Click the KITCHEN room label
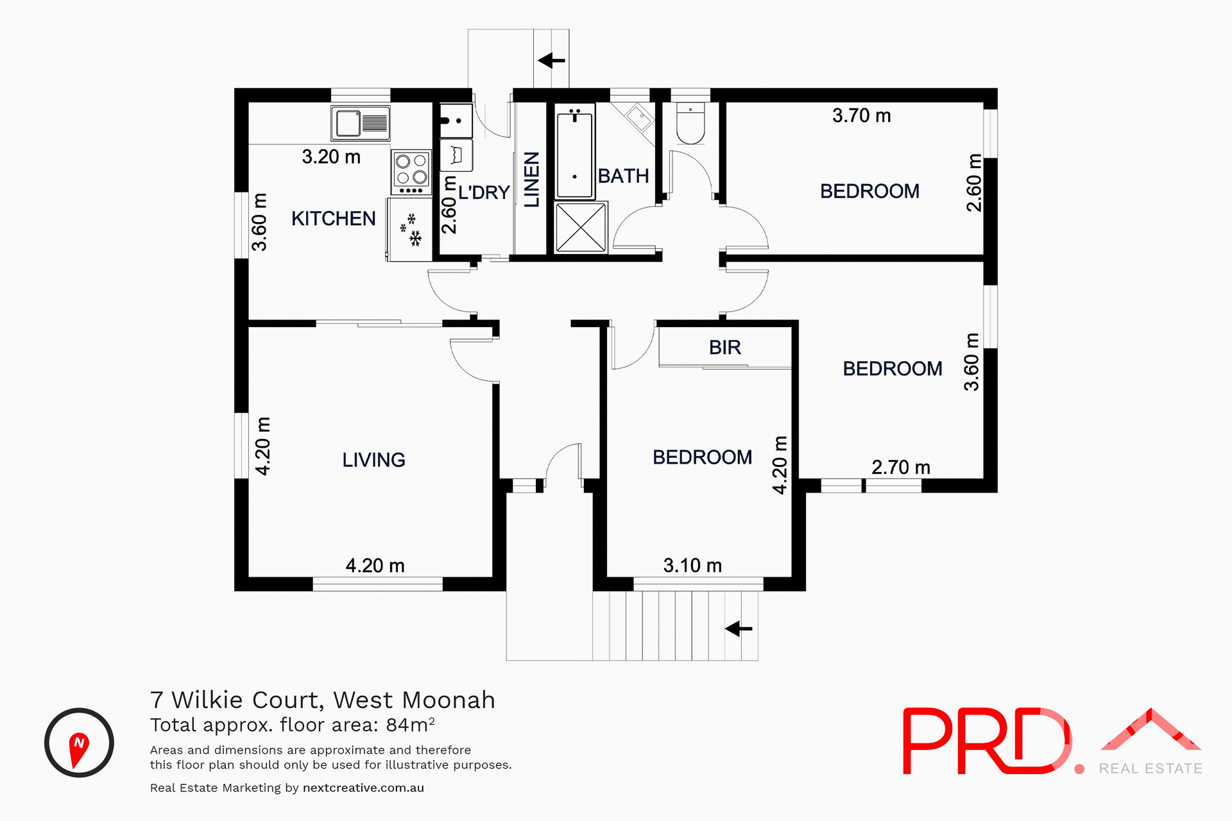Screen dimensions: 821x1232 click(x=333, y=219)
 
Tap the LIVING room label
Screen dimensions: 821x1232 click(x=373, y=460)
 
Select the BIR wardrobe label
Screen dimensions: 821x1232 click(x=724, y=348)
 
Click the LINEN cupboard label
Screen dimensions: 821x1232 click(x=532, y=180)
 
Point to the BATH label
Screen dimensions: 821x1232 click(x=623, y=176)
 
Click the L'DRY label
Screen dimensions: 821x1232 click(x=484, y=192)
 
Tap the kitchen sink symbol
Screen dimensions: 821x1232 click(x=361, y=123)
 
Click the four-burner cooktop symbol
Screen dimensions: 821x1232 click(x=411, y=171)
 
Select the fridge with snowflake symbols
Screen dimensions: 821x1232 click(x=409, y=230)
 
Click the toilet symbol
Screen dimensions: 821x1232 click(x=690, y=124)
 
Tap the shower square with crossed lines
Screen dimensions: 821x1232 click(x=581, y=228)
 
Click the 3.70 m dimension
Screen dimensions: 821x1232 click(x=861, y=116)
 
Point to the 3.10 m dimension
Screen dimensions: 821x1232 click(x=692, y=566)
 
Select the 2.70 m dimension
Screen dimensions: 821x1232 click(x=900, y=468)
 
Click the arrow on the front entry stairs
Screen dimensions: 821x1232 click(x=739, y=629)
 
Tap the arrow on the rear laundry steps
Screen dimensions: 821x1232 click(x=551, y=61)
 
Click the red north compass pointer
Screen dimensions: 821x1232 click(x=78, y=749)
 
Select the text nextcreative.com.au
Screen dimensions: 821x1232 click(x=363, y=788)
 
